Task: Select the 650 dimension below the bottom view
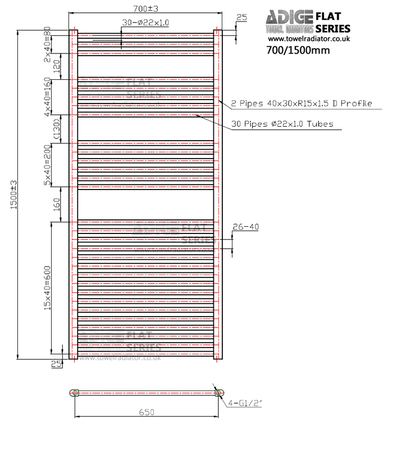146,412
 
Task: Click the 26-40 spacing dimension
245,227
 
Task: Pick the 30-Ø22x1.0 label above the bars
145,22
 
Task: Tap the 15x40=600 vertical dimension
48,287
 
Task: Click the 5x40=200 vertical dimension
48,164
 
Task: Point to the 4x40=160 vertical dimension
48,96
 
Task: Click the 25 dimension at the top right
241,18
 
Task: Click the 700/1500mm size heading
298,50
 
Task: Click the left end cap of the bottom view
75,393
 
